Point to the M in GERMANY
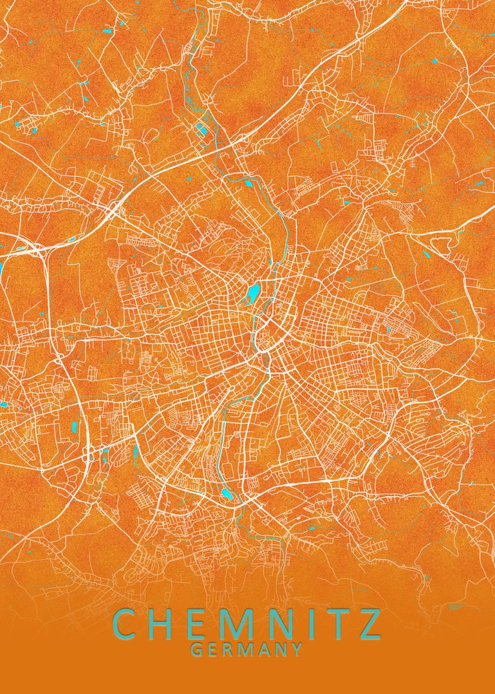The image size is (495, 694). [246, 649]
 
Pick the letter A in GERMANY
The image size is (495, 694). [264, 649]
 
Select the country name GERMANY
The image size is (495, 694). [247, 649]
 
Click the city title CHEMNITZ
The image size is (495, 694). [247, 623]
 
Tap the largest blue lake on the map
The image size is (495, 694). [254, 294]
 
